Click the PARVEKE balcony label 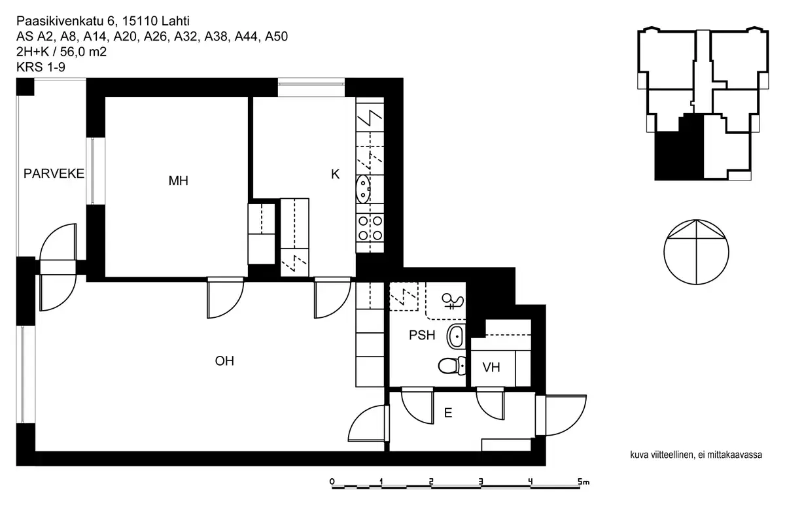click(54, 174)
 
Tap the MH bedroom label click(178, 181)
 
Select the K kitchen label click(335, 175)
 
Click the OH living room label click(224, 360)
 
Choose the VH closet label click(491, 368)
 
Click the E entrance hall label click(448, 413)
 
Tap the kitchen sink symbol click(363, 189)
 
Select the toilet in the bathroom click(449, 365)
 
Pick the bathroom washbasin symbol click(456, 336)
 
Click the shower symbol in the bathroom click(453, 302)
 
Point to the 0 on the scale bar click(332, 482)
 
